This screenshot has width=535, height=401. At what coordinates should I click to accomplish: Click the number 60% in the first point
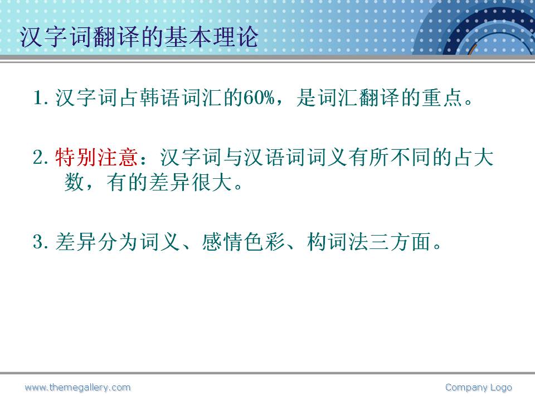tap(259, 97)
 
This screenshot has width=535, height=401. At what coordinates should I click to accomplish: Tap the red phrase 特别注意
tap(96, 158)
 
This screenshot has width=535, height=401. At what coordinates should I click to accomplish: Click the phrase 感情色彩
tap(244, 242)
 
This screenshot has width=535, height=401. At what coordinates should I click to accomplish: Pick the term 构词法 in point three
tap(338, 242)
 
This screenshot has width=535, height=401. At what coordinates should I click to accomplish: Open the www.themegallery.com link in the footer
tap(78, 388)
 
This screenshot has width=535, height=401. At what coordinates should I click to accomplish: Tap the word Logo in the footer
tap(501, 388)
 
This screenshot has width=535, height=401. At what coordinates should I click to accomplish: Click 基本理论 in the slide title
tap(212, 37)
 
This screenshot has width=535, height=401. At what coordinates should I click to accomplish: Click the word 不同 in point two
tap(411, 158)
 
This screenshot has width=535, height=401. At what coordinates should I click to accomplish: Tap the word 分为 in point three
tap(118, 242)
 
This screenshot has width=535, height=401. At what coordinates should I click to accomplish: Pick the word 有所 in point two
tap(369, 158)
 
